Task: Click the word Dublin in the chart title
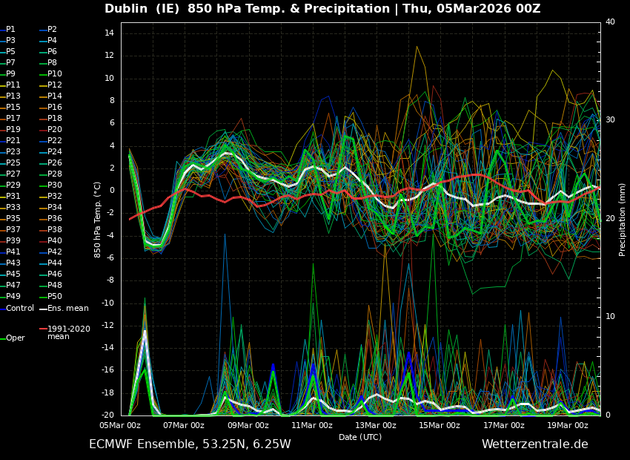[x=129, y=9]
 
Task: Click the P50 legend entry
[x=55, y=297]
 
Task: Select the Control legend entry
[x=19, y=309]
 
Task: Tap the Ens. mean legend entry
[x=67, y=309]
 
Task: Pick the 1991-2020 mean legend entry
[x=68, y=332]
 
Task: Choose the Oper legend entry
[x=15, y=338]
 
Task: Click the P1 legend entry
[x=10, y=30]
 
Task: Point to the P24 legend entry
[x=55, y=152]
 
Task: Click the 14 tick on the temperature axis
[x=107, y=33]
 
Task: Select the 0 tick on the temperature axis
[x=110, y=191]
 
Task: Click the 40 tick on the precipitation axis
[x=610, y=22]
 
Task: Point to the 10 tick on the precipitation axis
[x=610, y=317]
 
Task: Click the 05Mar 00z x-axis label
[x=120, y=425]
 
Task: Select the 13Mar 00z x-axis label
[x=376, y=425]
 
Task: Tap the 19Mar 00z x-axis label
[x=568, y=425]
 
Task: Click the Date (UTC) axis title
[x=360, y=437]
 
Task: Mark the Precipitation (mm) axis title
[x=623, y=220]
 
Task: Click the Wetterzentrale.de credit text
[x=534, y=444]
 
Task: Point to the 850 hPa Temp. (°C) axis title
[x=98, y=220]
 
